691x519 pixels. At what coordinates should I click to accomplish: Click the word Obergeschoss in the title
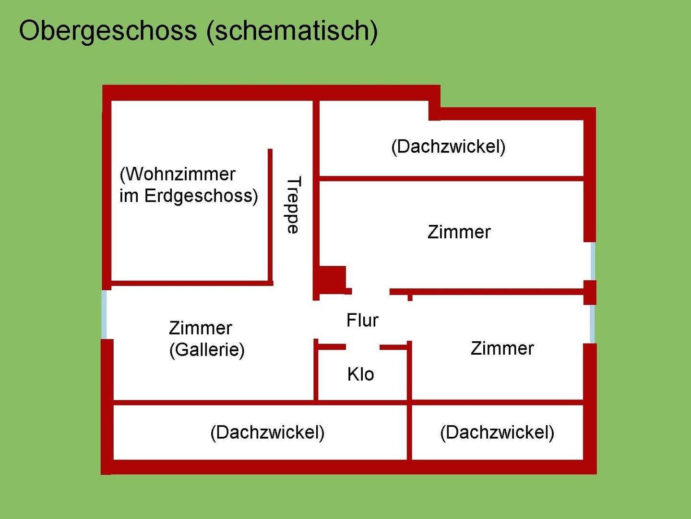point(107,31)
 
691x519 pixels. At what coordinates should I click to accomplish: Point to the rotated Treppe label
point(293,205)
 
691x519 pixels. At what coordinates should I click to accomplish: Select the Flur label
point(362,320)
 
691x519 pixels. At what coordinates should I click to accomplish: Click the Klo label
point(360,374)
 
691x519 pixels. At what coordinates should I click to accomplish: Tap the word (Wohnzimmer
point(178,174)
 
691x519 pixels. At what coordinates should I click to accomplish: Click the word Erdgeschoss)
point(201,196)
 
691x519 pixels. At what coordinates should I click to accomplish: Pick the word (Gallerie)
point(207,350)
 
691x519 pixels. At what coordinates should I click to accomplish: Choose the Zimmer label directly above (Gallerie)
point(200,328)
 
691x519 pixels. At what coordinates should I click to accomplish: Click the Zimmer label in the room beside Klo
point(502,348)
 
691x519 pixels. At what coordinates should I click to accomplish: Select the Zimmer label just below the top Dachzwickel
point(459,232)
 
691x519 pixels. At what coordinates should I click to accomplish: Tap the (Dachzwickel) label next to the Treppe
point(448,147)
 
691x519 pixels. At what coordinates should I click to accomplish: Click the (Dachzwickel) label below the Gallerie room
point(267,432)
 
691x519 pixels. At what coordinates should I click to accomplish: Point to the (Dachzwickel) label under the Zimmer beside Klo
point(497,432)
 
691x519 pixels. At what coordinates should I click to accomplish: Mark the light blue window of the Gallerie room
point(104,315)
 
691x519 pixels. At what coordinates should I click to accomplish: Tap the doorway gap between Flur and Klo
point(363,347)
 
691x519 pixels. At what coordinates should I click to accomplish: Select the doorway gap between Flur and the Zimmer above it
point(370,291)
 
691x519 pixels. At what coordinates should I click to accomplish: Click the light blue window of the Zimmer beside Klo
point(593,323)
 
